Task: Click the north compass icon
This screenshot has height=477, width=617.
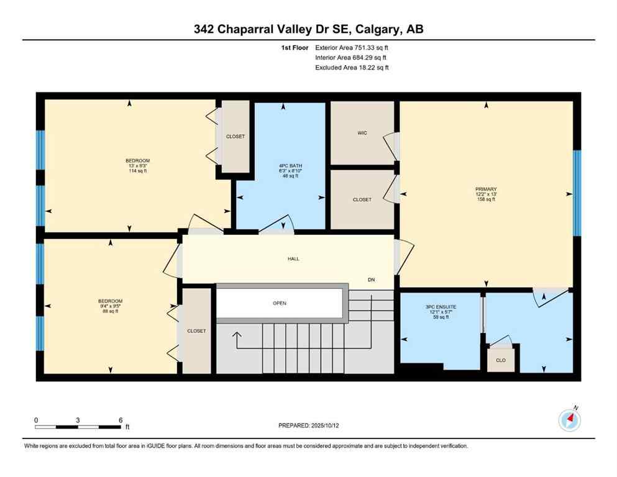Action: [570, 420]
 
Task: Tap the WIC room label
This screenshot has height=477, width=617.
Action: [362, 133]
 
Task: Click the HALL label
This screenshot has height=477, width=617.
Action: [293, 258]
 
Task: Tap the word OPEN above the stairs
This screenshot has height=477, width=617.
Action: [279, 303]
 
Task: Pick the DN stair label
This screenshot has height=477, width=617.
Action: [372, 280]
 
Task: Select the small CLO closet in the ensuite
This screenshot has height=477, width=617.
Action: [500, 360]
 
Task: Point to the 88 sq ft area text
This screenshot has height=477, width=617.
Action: [110, 311]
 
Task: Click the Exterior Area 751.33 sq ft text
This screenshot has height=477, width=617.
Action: [352, 47]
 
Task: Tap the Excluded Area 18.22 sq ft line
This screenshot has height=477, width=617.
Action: [352, 68]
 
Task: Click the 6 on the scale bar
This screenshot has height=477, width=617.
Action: [120, 420]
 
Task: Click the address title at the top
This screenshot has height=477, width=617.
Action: [309, 29]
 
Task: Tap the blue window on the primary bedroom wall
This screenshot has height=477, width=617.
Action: [577, 193]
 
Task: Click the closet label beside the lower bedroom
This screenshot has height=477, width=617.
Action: [196, 331]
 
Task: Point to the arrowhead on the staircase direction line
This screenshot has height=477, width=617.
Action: [236, 335]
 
